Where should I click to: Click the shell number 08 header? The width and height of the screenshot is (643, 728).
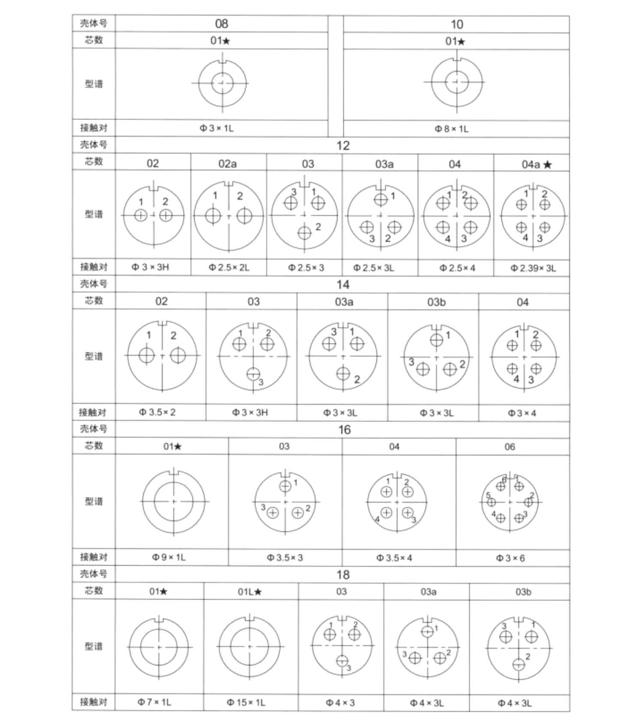[221, 24]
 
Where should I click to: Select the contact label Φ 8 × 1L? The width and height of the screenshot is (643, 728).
[451, 129]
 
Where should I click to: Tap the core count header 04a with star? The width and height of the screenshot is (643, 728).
[536, 164]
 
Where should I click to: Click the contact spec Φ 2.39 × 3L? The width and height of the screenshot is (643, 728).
[533, 269]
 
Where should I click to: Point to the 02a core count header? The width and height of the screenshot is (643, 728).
[227, 164]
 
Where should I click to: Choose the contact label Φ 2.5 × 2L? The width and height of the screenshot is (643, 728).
[229, 268]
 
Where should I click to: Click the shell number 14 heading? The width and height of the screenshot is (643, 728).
[343, 285]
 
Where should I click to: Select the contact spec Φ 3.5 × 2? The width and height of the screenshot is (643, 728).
[157, 412]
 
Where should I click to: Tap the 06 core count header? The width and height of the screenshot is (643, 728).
[510, 447]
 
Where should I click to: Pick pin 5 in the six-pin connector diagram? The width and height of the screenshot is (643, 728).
[491, 501]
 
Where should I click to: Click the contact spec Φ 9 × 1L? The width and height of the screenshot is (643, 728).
[169, 558]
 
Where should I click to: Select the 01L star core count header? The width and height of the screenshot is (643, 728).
[249, 592]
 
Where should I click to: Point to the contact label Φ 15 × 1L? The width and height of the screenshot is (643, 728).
[246, 703]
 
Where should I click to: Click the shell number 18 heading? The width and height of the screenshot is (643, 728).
[343, 575]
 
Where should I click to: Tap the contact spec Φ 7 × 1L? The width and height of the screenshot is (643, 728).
[154, 702]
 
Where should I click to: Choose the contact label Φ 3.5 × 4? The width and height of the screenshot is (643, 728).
[394, 558]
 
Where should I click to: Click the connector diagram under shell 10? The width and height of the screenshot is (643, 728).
[457, 82]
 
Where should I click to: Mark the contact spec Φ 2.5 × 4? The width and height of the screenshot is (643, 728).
[457, 269]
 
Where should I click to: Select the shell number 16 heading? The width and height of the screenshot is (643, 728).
[344, 430]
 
